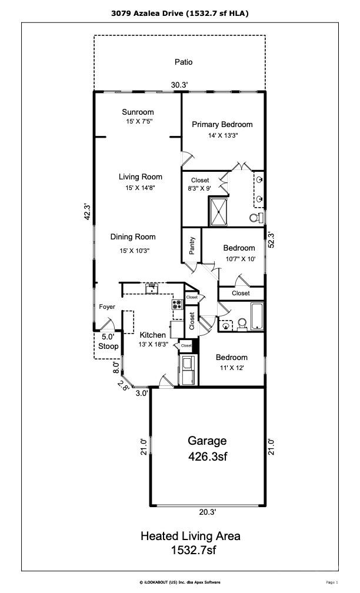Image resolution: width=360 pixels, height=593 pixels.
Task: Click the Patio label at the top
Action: (184, 62)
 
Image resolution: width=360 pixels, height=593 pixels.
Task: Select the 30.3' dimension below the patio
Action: (179, 85)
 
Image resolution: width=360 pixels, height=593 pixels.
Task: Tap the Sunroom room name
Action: (138, 112)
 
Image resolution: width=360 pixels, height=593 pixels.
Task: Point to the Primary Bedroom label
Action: (222, 124)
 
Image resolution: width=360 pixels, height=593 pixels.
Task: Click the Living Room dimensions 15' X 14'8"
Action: (140, 188)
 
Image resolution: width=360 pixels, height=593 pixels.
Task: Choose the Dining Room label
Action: (133, 237)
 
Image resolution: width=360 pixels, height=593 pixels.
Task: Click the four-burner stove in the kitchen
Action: (176, 305)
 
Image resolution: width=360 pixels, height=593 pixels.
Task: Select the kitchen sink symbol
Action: (152, 288)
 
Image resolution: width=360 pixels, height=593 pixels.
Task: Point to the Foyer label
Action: (106, 307)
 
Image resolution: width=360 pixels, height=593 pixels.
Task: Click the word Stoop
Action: (108, 347)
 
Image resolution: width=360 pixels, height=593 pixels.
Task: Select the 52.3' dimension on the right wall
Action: (271, 240)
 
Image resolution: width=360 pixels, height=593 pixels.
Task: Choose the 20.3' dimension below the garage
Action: (206, 512)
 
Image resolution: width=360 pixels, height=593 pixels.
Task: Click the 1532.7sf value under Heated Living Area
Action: (190, 550)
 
